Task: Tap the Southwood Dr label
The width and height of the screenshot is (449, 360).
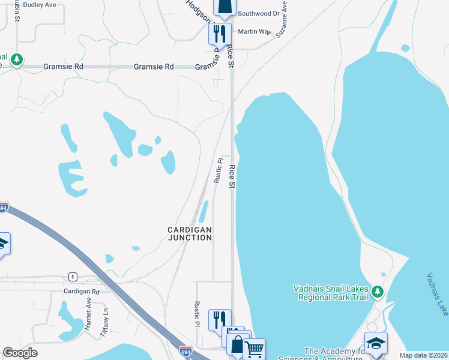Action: point(259,13)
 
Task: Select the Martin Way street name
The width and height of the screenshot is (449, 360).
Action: point(251,31)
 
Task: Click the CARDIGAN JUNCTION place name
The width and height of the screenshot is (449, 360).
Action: point(190,233)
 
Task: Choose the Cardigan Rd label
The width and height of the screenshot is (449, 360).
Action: point(82,291)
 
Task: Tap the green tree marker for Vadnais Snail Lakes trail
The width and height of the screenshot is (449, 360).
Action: point(377,292)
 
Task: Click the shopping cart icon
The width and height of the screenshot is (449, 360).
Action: point(254,348)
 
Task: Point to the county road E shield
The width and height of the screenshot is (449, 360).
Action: point(73,277)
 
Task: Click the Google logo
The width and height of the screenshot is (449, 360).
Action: point(20,353)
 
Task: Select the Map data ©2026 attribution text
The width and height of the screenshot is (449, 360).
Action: point(423,355)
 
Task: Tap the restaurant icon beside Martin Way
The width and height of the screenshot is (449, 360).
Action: point(220,32)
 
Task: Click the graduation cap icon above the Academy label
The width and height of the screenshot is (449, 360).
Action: point(376,343)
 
